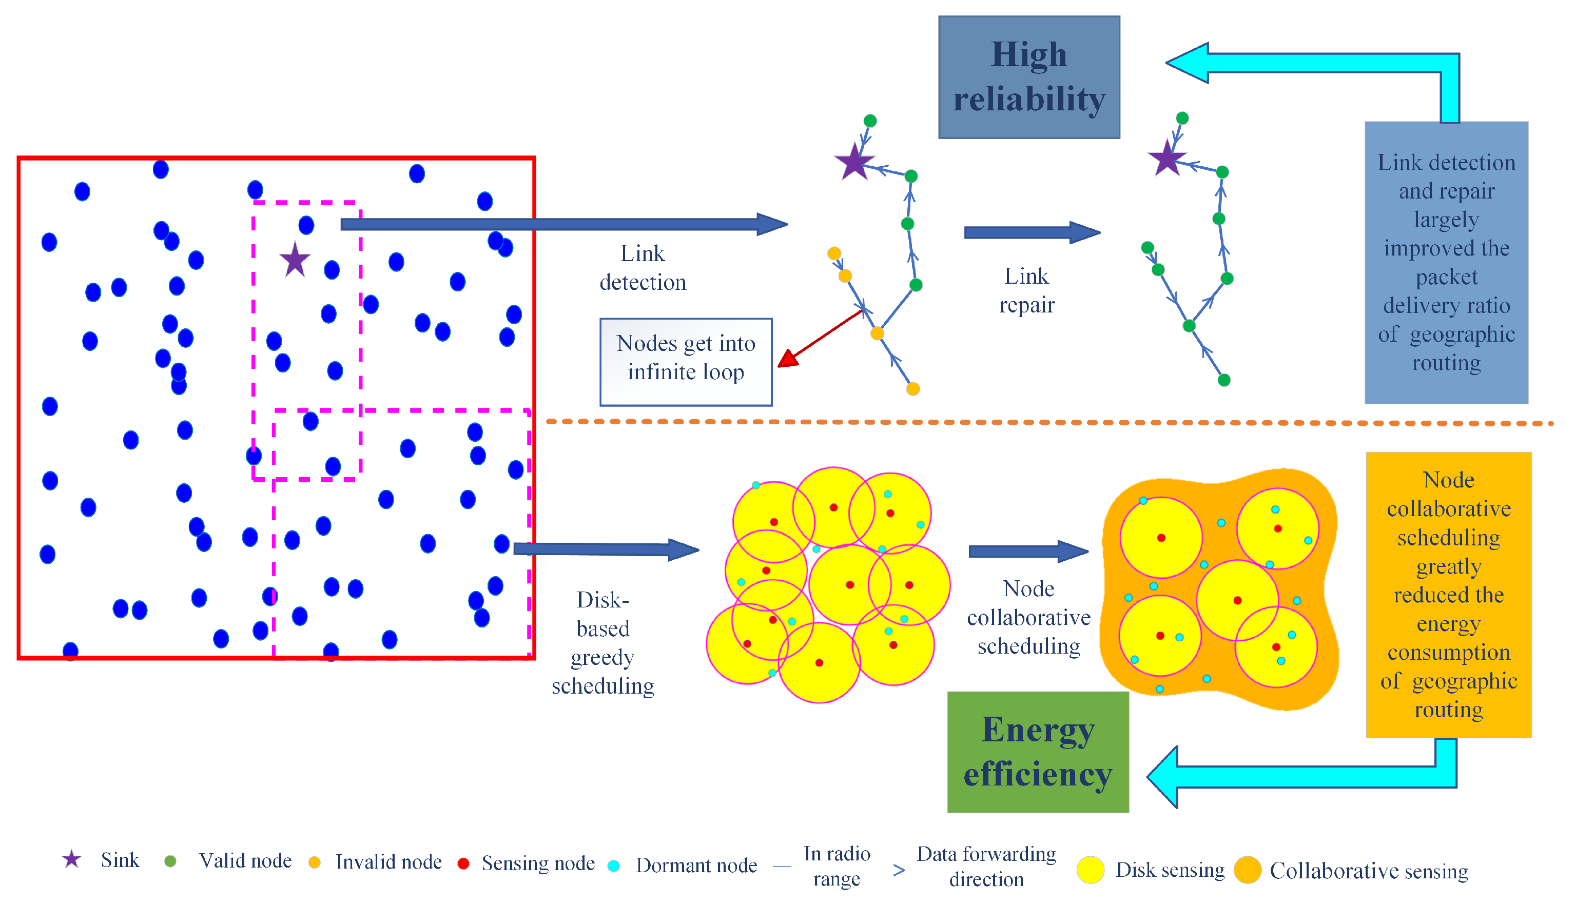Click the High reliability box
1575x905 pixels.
[x=1028, y=77]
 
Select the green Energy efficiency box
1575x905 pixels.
[x=1037, y=752]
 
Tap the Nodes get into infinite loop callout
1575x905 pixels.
[x=686, y=362]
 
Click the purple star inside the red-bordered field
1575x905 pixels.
[x=295, y=261]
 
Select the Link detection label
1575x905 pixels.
[x=643, y=268]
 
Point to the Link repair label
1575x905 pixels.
[x=1026, y=290]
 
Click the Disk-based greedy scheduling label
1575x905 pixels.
[x=602, y=643]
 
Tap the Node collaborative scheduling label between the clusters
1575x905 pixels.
[x=1028, y=617]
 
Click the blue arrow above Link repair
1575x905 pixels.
[x=1032, y=232]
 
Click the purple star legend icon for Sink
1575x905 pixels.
[x=71, y=860]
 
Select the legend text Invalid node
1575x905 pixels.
[x=388, y=862]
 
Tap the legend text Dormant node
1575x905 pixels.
[x=695, y=865]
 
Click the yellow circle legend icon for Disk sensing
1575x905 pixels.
[x=1090, y=870]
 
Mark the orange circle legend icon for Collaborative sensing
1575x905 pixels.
[x=1247, y=870]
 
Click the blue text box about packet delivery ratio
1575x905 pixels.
[x=1446, y=262]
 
